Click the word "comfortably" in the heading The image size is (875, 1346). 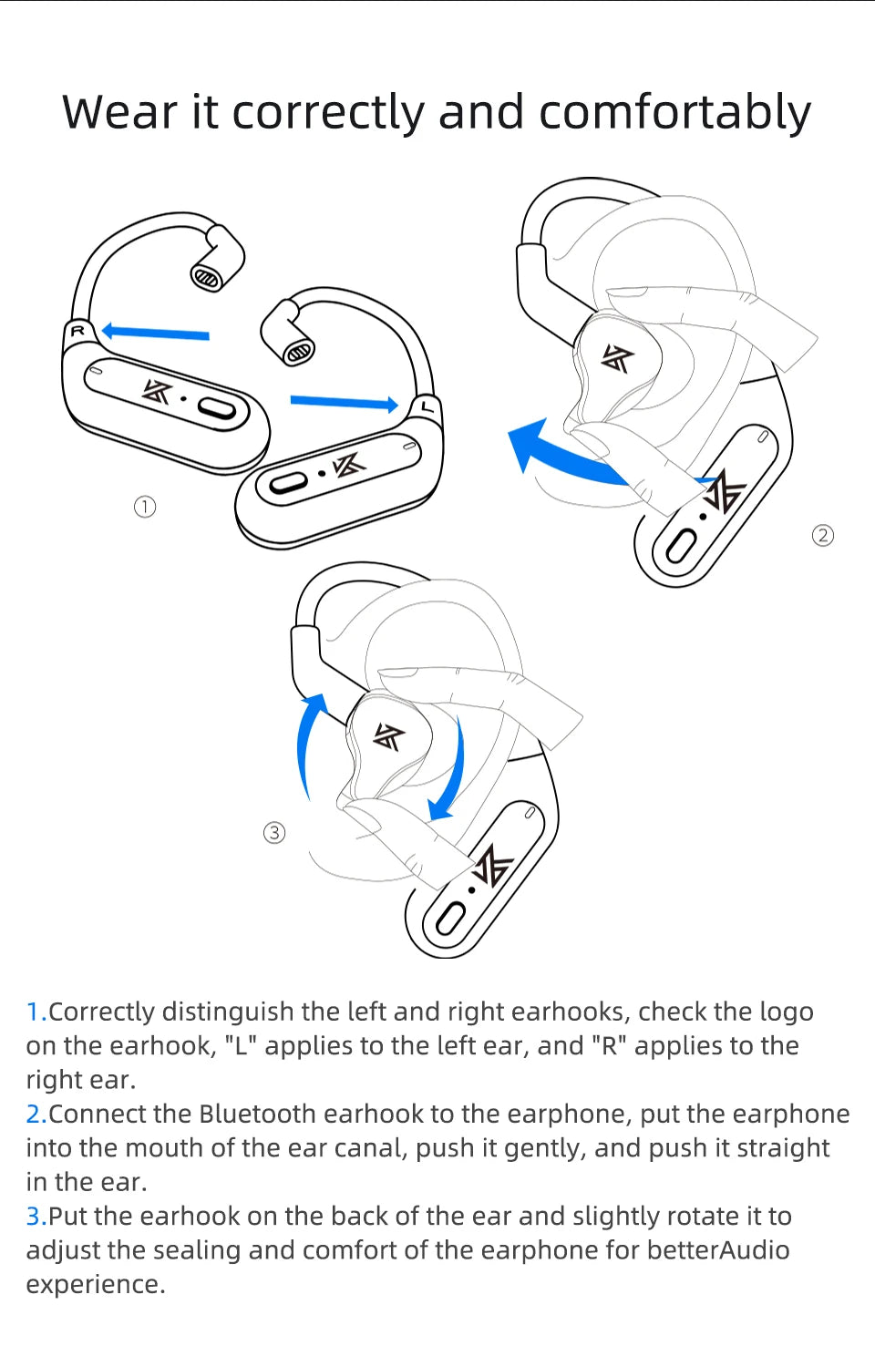pyautogui.click(x=674, y=113)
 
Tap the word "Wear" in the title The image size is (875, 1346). pyautogui.click(x=119, y=113)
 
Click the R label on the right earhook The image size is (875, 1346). pyautogui.click(x=78, y=331)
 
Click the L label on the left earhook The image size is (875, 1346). pyautogui.click(x=427, y=406)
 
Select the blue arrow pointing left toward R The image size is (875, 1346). pyautogui.click(x=155, y=333)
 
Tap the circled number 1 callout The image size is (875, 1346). pyautogui.click(x=145, y=507)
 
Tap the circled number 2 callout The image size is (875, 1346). pyautogui.click(x=822, y=535)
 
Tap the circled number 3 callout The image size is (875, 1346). pyautogui.click(x=274, y=832)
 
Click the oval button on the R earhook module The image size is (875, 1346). pyautogui.click(x=218, y=408)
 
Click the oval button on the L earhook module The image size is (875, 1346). pyautogui.click(x=284, y=483)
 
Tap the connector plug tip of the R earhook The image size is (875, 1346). pyautogui.click(x=207, y=277)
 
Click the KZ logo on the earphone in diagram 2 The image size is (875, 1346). pyautogui.click(x=617, y=359)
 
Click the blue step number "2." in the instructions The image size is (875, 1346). pyautogui.click(x=36, y=1114)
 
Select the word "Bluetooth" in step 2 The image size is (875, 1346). pyautogui.click(x=258, y=1114)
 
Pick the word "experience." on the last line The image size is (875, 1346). pyautogui.click(x=96, y=1284)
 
